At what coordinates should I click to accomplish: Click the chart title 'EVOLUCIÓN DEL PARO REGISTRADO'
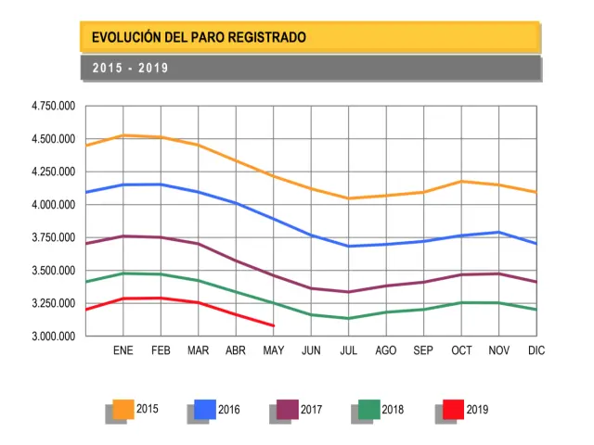(199, 38)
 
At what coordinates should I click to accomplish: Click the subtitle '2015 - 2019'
(130, 69)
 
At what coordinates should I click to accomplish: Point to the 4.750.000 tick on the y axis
(53, 107)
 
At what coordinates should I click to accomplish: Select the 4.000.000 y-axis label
(53, 205)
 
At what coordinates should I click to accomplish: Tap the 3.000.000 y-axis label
(53, 337)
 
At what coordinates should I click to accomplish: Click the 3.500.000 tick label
(53, 271)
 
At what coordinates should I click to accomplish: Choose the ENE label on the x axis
(123, 351)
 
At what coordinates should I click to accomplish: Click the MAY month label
(273, 351)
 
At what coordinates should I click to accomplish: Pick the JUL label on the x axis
(349, 351)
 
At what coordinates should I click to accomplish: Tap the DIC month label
(536, 351)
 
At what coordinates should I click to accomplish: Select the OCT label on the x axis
(461, 351)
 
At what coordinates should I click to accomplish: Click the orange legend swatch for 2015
(123, 409)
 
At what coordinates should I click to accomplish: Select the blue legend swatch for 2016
(205, 409)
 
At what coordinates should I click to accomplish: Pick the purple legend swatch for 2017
(288, 409)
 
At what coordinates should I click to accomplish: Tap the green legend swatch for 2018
(369, 409)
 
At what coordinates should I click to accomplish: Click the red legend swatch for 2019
(453, 409)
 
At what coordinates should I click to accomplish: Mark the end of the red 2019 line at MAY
(273, 325)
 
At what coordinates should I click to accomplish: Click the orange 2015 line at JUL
(349, 198)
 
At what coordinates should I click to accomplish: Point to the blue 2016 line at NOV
(499, 233)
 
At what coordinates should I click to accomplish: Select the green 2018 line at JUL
(349, 318)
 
